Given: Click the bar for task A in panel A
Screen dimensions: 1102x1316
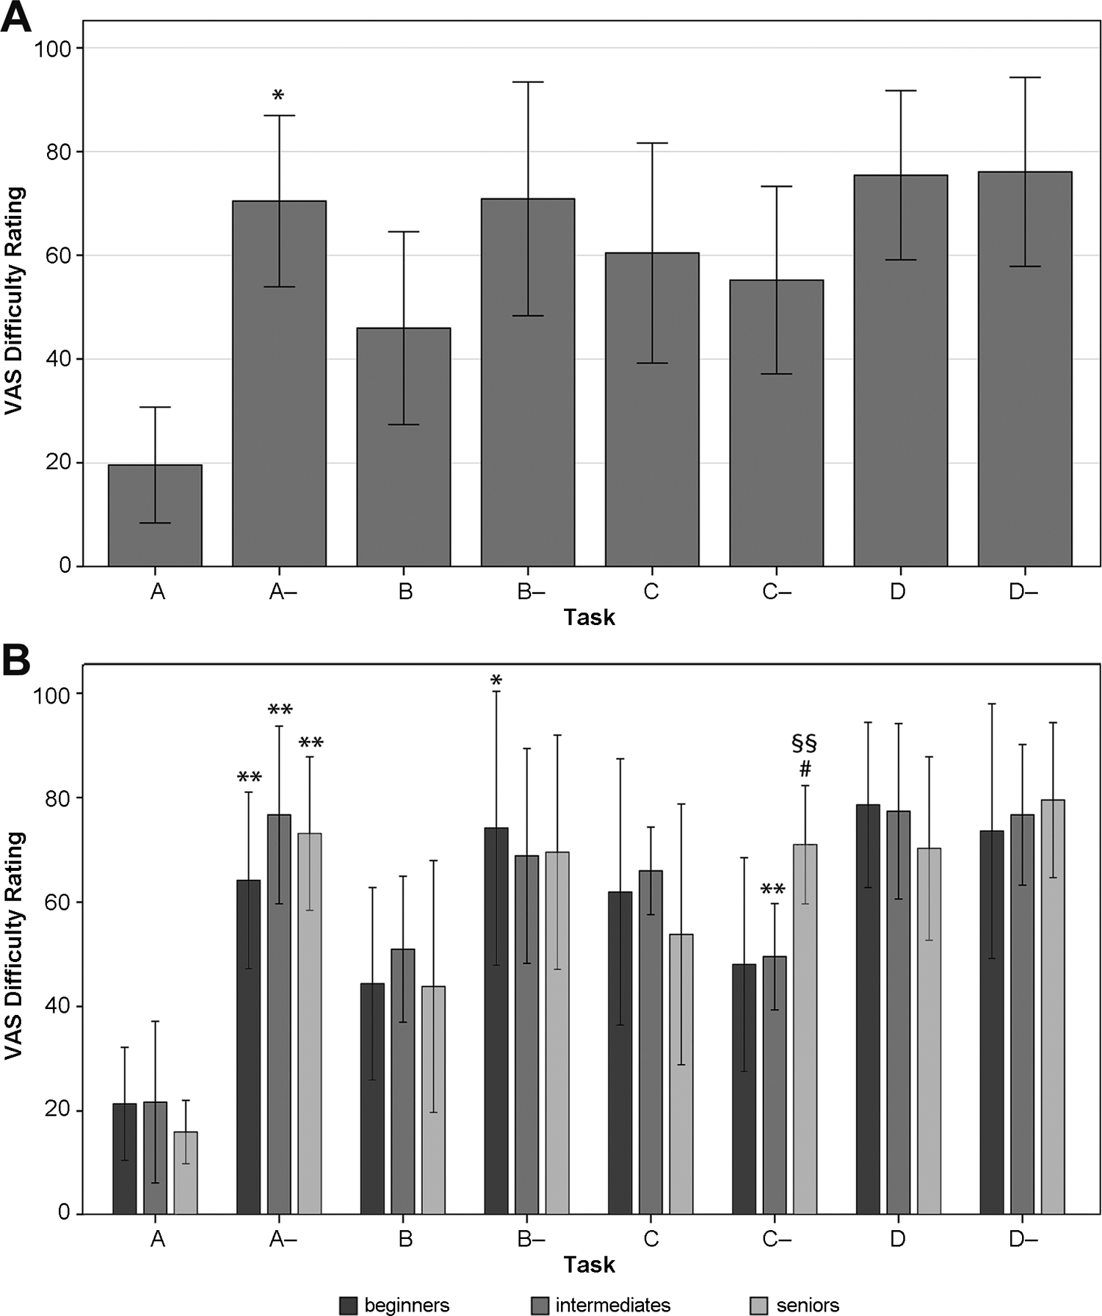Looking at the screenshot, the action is pyautogui.click(x=155, y=515).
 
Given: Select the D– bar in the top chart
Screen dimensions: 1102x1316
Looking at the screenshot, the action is pyautogui.click(x=1024, y=369).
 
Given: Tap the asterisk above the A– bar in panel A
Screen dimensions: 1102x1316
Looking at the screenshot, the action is pyautogui.click(x=278, y=95).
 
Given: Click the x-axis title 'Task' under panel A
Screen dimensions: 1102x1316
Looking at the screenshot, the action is pyautogui.click(x=589, y=618).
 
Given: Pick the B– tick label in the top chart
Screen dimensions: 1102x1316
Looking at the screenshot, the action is pyautogui.click(x=530, y=591).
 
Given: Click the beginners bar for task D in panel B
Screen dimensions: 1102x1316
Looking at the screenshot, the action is pyautogui.click(x=868, y=1008).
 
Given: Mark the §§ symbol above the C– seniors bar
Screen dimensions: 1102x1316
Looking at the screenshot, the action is pyautogui.click(x=805, y=743).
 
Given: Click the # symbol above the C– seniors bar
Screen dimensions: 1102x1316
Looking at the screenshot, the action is pyautogui.click(x=805, y=769).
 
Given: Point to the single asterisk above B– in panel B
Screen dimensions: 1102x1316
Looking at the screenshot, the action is pyautogui.click(x=496, y=680).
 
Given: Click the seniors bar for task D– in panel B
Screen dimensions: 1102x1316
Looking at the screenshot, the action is pyautogui.click(x=1053, y=1006).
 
